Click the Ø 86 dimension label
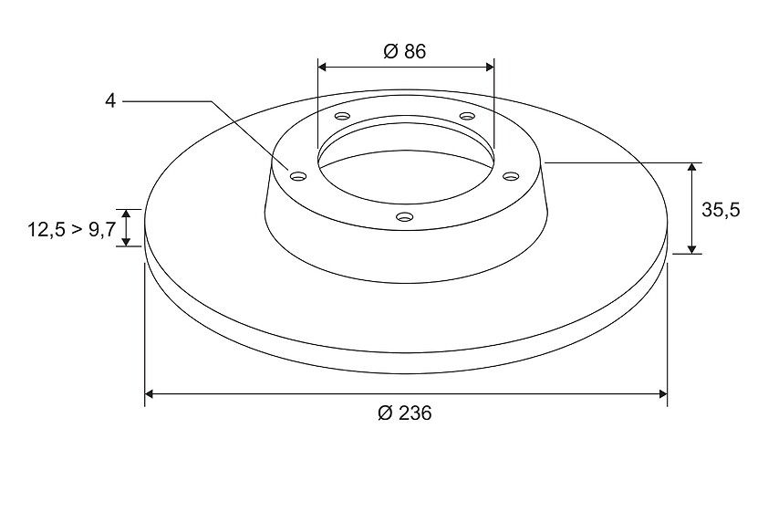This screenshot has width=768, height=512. pyautogui.click(x=405, y=51)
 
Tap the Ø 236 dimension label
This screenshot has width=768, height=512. pyautogui.click(x=405, y=413)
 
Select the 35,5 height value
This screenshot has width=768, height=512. pyautogui.click(x=721, y=210)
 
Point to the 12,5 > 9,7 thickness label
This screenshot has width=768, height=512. pyautogui.click(x=71, y=229)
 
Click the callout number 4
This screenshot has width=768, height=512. pyautogui.click(x=110, y=101)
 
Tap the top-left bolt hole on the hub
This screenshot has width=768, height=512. pyautogui.click(x=342, y=116)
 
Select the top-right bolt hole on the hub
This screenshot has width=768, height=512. pyautogui.click(x=467, y=116)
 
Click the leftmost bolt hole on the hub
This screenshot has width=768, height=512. pyautogui.click(x=297, y=176)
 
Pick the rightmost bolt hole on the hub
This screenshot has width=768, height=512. pyautogui.click(x=511, y=176)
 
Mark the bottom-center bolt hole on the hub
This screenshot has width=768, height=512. pyautogui.click(x=404, y=216)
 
